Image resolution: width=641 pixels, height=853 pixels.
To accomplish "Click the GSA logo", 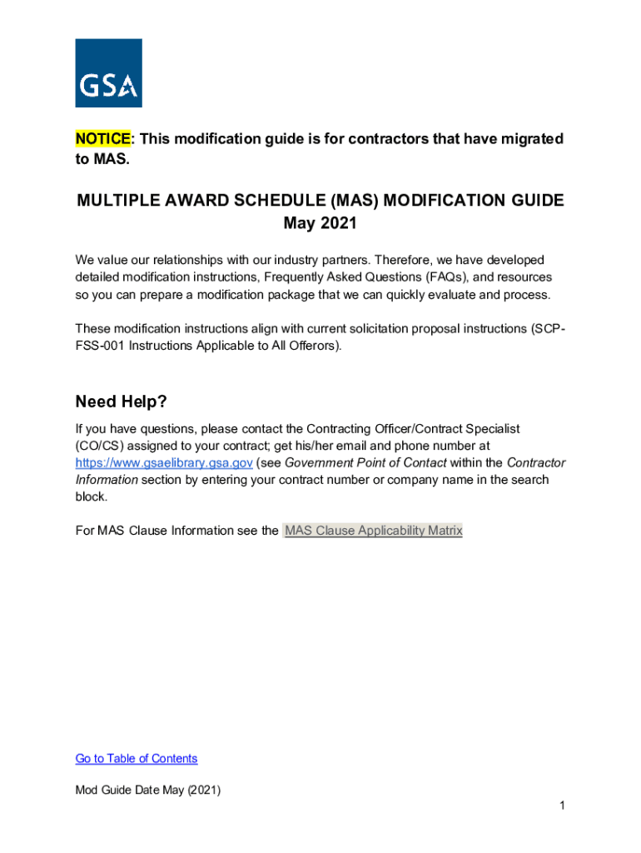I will [108, 73].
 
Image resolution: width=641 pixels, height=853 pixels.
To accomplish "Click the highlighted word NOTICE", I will [102, 138].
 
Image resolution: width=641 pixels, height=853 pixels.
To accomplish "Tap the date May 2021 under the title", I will [320, 223].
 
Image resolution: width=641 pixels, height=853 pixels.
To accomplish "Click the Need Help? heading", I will [121, 402].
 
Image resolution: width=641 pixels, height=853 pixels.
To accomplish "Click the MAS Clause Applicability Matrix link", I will [373, 531].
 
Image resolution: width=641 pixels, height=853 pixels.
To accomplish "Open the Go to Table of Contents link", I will [137, 758].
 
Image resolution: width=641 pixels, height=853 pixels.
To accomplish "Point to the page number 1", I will [563, 806].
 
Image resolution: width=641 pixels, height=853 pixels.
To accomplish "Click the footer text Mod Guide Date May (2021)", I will [147, 791].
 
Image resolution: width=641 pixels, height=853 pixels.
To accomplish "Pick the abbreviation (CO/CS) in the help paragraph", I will [102, 446].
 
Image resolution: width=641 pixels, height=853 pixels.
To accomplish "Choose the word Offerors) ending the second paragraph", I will [313, 345].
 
